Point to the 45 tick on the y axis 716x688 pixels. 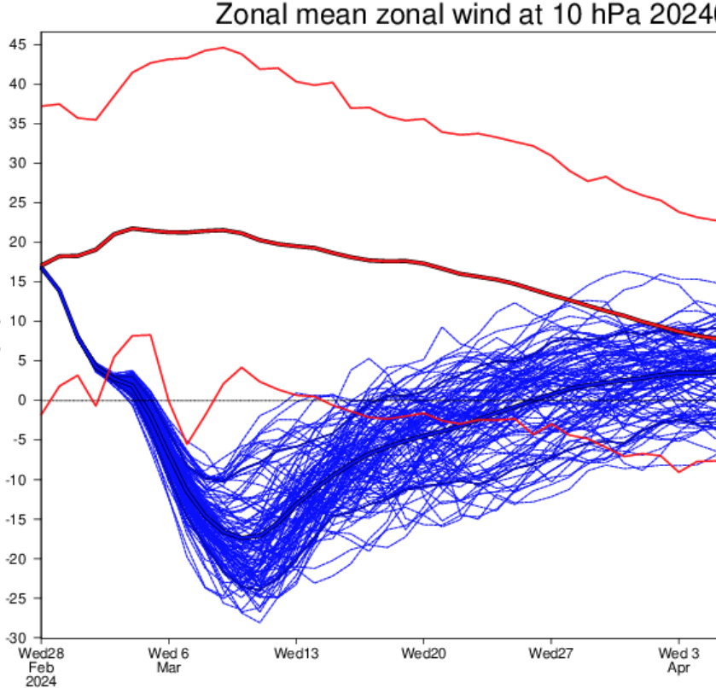click(x=18, y=44)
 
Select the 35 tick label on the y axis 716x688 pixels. click(x=18, y=124)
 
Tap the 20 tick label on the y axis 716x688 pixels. click(x=18, y=242)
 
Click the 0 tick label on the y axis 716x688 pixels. click(x=24, y=400)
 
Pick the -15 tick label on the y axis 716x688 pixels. click(x=15, y=519)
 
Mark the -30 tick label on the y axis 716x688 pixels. click(x=15, y=638)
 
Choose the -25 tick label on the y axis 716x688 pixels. click(x=15, y=598)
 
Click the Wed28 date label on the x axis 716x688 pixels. click(x=40, y=652)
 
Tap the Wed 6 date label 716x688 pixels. click(x=167, y=652)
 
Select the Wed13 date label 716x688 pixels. click(x=295, y=652)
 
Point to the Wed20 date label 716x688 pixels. click(x=423, y=652)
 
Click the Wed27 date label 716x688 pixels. click(x=551, y=652)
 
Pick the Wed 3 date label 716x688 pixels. click(x=679, y=652)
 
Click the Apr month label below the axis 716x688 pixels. click(x=679, y=667)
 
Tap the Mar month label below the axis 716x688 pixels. click(x=167, y=667)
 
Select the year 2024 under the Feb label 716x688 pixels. click(x=40, y=681)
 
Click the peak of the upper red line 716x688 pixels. click(x=224, y=48)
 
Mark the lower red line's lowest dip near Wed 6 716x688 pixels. click(x=188, y=443)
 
